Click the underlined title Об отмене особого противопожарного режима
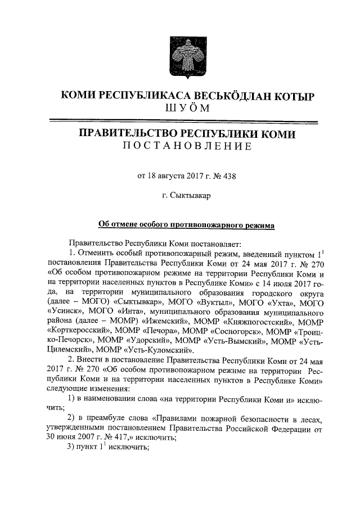[186, 225]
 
